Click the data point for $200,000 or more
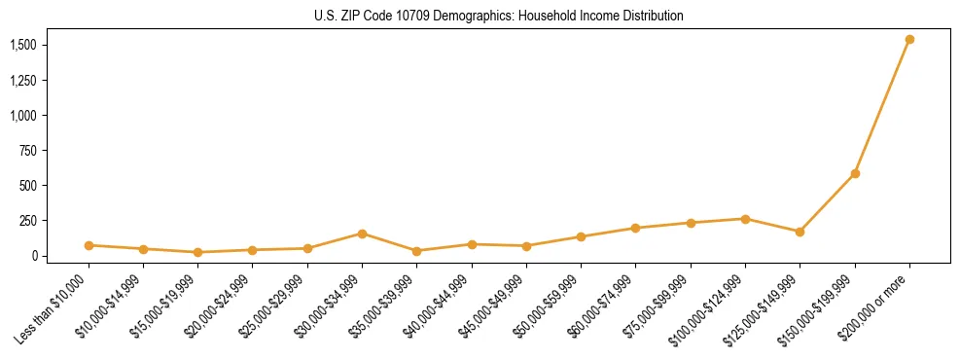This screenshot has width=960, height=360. coord(909,40)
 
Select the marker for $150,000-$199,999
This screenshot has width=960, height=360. coord(855,174)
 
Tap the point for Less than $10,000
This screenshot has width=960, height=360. coord(89,245)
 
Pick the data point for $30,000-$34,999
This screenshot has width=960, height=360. coord(362,234)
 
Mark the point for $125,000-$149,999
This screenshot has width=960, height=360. coord(800,232)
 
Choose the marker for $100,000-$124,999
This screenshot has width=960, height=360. coord(745,219)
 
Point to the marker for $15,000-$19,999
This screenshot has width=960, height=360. coord(198,252)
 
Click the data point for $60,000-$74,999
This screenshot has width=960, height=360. coord(635,228)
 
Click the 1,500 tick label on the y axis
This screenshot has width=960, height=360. coord(23,46)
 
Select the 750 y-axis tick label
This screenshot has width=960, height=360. coord(29,151)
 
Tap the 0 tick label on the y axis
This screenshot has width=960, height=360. coord(35,256)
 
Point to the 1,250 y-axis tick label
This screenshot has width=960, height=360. coord(23,81)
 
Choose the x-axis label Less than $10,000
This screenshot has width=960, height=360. coord(52,308)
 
